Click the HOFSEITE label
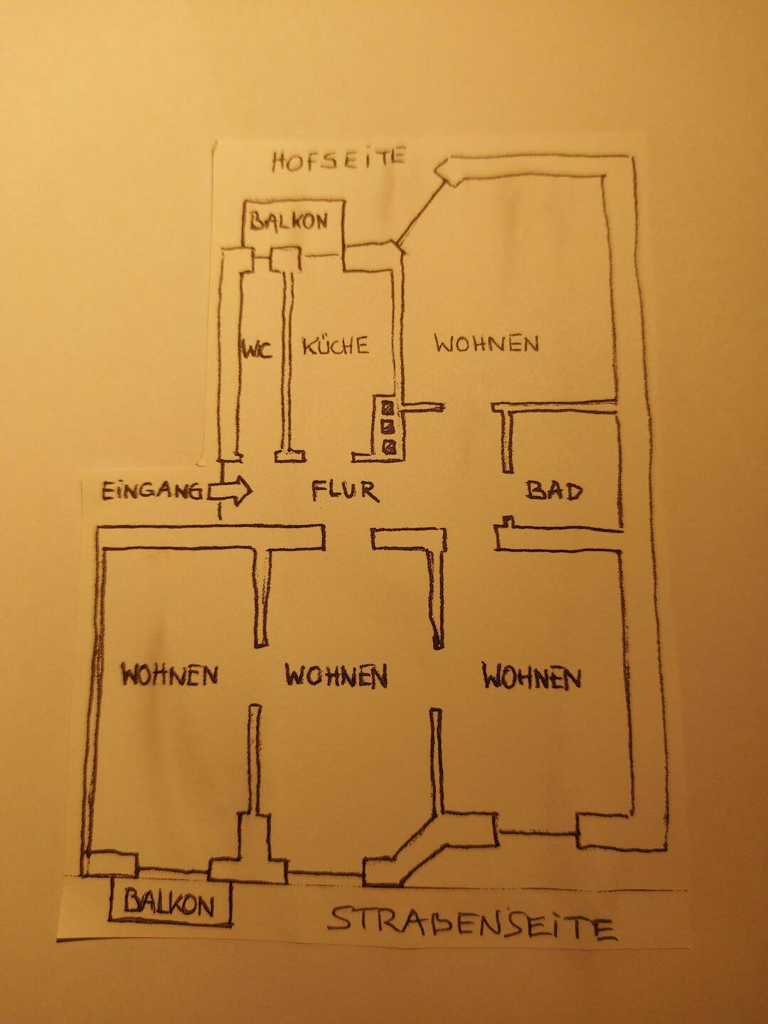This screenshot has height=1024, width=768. click(x=338, y=159)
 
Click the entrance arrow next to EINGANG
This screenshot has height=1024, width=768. click(x=230, y=491)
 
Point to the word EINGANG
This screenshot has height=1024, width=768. click(x=152, y=491)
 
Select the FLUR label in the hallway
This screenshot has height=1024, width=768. click(x=345, y=491)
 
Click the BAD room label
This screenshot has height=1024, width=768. click(x=554, y=491)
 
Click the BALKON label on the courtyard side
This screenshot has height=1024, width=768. click(x=289, y=220)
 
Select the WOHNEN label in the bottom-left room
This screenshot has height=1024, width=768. click(x=170, y=675)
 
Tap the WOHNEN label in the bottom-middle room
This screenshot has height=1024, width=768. click(x=336, y=676)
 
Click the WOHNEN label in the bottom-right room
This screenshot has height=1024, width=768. click(x=532, y=677)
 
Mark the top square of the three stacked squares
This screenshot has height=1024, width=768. click(x=388, y=407)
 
